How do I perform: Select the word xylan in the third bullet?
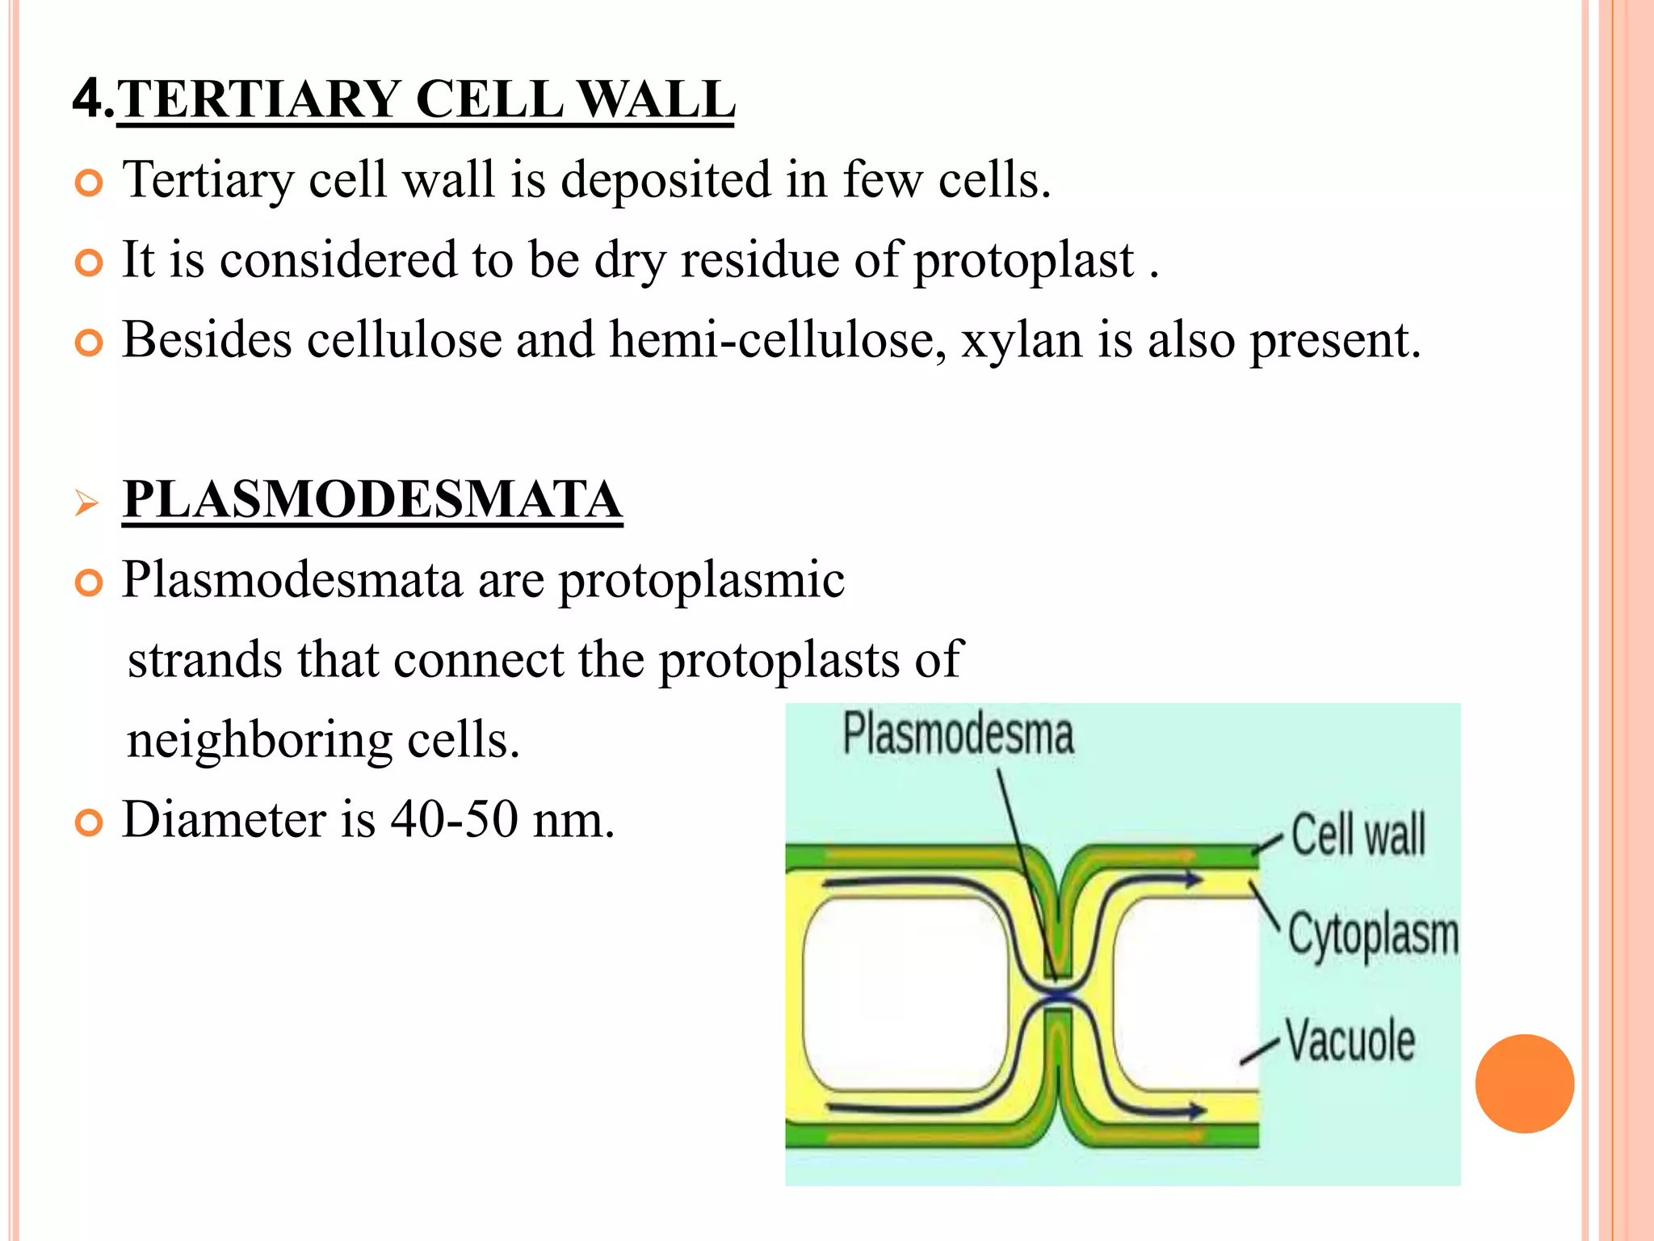[1021, 340]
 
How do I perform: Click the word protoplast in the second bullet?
[1023, 261]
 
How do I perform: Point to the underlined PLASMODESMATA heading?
[372, 500]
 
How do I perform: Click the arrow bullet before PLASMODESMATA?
[86, 503]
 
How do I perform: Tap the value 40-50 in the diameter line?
[454, 820]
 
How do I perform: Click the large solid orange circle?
[1524, 1083]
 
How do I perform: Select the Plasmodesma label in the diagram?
[958, 734]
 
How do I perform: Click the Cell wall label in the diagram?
[1358, 835]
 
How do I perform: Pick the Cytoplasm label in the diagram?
[1373, 936]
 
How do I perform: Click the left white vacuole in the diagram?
[905, 994]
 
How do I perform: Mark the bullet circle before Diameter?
[89, 823]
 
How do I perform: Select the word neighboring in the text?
[259, 740]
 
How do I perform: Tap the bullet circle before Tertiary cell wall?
[89, 183]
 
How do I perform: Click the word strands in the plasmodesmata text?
[205, 660]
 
